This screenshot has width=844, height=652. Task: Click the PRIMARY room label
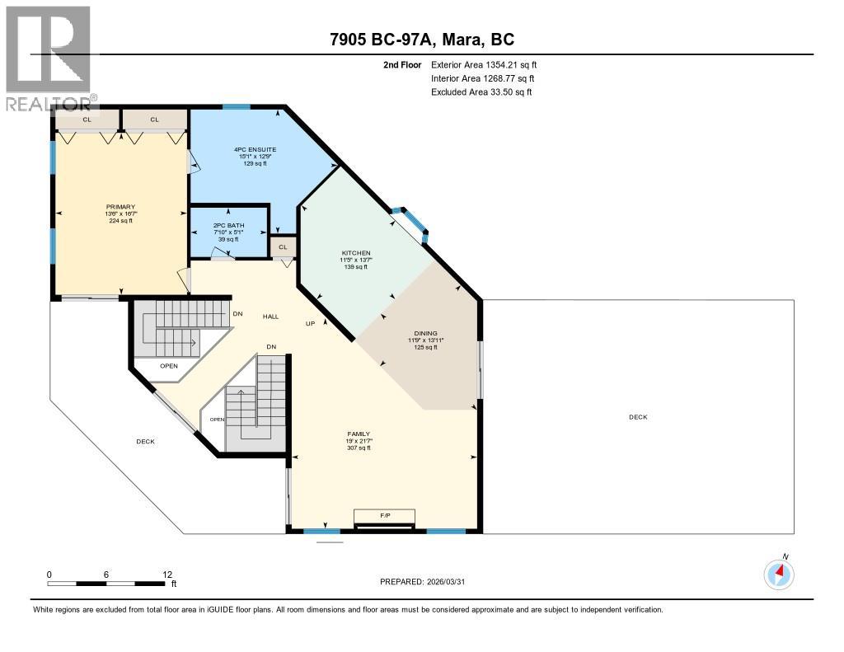point(120,207)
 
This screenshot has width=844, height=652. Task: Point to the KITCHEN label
point(356,253)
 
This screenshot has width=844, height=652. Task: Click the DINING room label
point(425,333)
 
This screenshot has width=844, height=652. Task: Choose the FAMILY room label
point(358,434)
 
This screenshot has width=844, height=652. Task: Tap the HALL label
point(270,317)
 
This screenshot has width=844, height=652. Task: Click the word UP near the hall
point(310,323)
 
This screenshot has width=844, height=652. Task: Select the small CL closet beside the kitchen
point(283,246)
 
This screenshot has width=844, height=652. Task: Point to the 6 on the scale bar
point(107,574)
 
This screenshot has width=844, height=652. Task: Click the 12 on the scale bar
point(167,574)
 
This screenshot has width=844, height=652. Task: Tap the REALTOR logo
point(49,58)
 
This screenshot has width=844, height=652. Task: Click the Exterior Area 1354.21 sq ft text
point(485,64)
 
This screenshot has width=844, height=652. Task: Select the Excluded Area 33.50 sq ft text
point(481,92)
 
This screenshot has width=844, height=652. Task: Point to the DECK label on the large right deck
point(638,417)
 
